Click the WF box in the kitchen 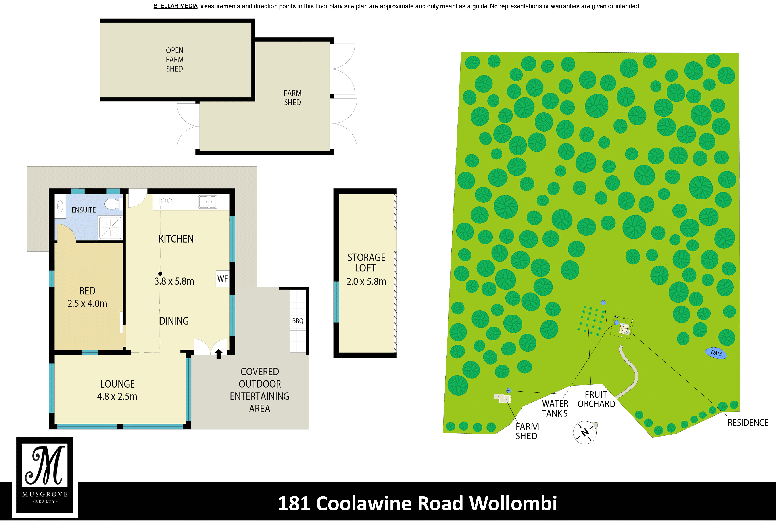click(x=222, y=279)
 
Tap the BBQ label click(x=298, y=321)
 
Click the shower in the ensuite click(x=110, y=228)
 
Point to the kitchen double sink click(x=208, y=202)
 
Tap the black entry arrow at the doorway click(x=219, y=354)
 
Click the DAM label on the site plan click(x=716, y=353)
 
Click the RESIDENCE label click(x=748, y=423)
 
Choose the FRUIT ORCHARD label click(x=596, y=399)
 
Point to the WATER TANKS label click(x=555, y=409)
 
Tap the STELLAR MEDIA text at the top click(x=175, y=6)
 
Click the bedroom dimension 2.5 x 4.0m click(x=87, y=303)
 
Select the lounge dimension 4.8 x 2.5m click(x=117, y=397)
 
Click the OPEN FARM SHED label click(x=175, y=59)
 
